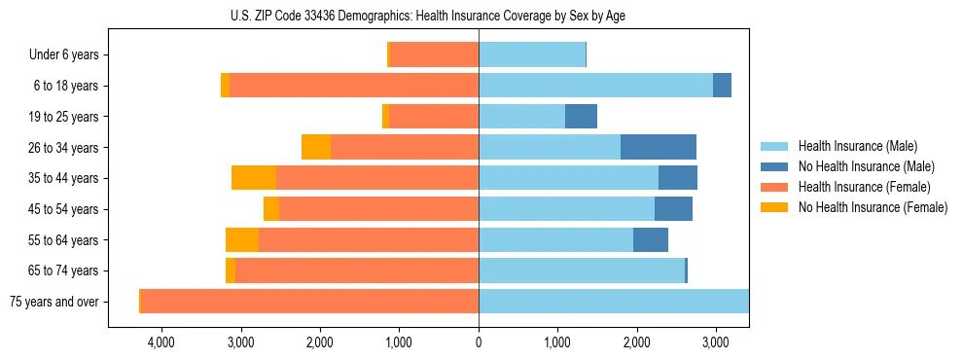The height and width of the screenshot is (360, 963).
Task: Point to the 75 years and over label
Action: click(x=53, y=302)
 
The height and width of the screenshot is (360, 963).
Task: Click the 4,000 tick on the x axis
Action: click(x=161, y=342)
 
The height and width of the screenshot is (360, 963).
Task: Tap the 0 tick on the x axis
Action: click(x=479, y=342)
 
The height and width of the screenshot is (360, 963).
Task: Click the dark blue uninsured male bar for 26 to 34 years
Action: click(x=659, y=147)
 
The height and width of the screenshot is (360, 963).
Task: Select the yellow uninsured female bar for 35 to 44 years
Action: click(x=254, y=178)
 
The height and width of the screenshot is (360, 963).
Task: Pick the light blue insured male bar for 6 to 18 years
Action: click(x=595, y=86)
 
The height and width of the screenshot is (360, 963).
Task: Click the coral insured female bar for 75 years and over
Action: click(x=309, y=301)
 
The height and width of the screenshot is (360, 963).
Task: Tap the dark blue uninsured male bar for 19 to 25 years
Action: click(x=581, y=117)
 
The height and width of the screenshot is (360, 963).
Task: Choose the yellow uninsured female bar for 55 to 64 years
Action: click(x=242, y=239)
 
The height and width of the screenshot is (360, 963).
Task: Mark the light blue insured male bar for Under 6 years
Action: click(x=532, y=55)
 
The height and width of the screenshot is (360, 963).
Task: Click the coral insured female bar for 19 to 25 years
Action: click(x=434, y=117)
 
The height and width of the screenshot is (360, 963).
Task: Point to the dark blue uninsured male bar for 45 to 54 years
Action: click(x=673, y=208)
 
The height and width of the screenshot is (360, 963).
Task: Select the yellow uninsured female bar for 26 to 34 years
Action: click(x=316, y=147)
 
